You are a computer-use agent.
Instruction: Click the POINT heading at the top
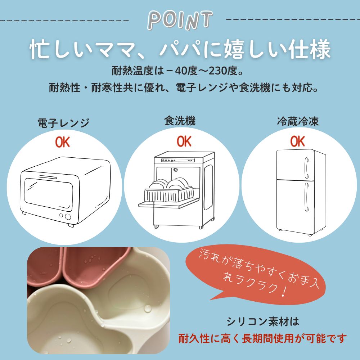point(180,21)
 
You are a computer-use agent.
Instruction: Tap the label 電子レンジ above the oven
point(63,123)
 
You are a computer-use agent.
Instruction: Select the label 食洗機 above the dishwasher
point(180,121)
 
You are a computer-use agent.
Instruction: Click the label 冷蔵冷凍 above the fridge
point(298,121)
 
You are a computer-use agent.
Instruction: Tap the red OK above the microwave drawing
point(62,142)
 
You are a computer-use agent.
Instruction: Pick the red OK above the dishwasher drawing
point(184,141)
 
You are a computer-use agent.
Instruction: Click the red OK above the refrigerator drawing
point(298,141)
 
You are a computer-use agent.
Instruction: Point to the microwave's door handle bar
point(48,177)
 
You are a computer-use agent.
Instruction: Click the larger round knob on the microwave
point(68,216)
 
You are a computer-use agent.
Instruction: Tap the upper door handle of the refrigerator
point(306,168)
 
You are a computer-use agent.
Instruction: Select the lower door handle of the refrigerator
point(306,197)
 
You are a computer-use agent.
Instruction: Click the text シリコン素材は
point(263,321)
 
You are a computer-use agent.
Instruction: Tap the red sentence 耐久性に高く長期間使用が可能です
point(263,338)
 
